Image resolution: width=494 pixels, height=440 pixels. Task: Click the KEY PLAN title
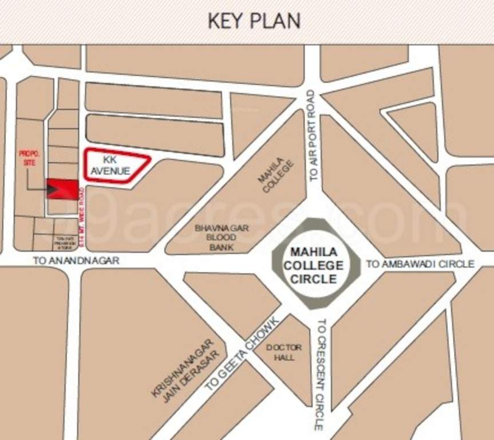click(x=254, y=21)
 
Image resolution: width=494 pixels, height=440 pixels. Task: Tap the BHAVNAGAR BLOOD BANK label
click(x=214, y=237)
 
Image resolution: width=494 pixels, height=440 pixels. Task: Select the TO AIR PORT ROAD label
click(x=312, y=136)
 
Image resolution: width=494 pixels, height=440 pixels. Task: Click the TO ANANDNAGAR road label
click(x=76, y=261)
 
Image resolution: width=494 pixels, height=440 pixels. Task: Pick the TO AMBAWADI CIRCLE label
click(x=420, y=264)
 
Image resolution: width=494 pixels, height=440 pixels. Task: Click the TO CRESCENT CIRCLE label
click(x=320, y=375)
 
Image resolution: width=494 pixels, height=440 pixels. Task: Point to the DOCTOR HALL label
click(x=284, y=352)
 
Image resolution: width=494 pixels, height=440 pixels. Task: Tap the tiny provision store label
click(x=65, y=243)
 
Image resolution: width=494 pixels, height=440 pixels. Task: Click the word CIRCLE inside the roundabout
click(x=314, y=279)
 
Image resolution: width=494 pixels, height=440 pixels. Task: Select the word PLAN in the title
click(x=279, y=21)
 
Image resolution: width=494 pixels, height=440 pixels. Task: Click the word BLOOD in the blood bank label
click(x=214, y=237)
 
